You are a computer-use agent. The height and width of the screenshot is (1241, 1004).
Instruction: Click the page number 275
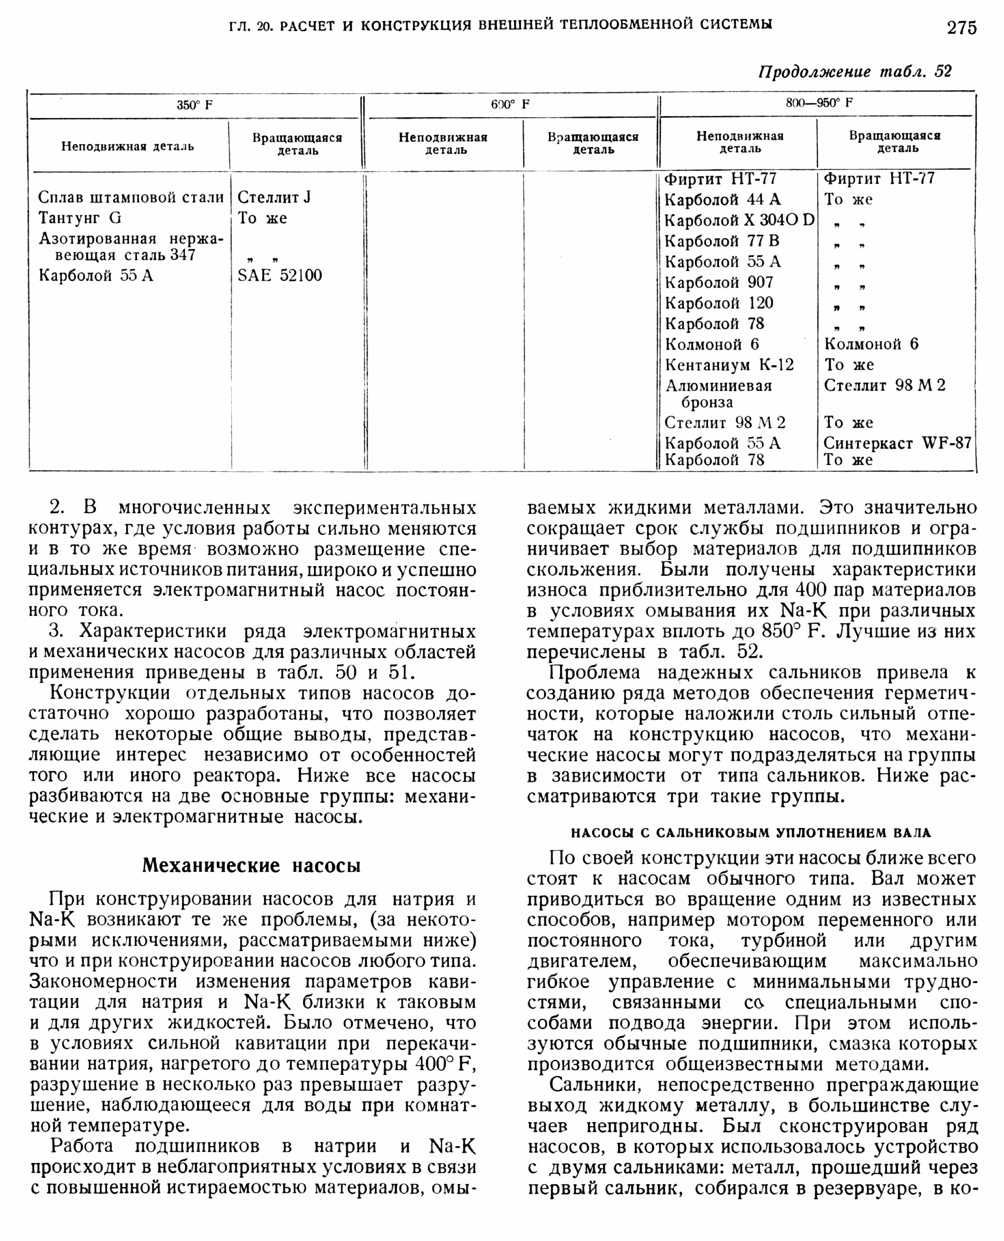[962, 27]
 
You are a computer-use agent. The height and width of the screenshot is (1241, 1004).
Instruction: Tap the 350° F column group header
[195, 106]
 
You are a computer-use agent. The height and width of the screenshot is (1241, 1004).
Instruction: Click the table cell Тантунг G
[80, 218]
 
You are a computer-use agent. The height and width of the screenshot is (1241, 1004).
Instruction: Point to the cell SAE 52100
[279, 275]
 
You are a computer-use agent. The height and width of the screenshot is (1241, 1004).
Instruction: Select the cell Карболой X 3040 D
[739, 220]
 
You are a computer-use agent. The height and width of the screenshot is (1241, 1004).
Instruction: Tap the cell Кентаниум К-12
[729, 365]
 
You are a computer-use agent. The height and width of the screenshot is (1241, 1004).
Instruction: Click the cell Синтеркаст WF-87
[897, 443]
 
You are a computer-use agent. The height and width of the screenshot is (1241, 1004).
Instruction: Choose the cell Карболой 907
[719, 282]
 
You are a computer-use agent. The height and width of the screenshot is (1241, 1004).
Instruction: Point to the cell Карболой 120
[719, 303]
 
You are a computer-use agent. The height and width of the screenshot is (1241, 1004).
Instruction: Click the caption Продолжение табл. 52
[855, 72]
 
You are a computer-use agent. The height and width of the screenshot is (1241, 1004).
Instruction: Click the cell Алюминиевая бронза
[718, 394]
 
